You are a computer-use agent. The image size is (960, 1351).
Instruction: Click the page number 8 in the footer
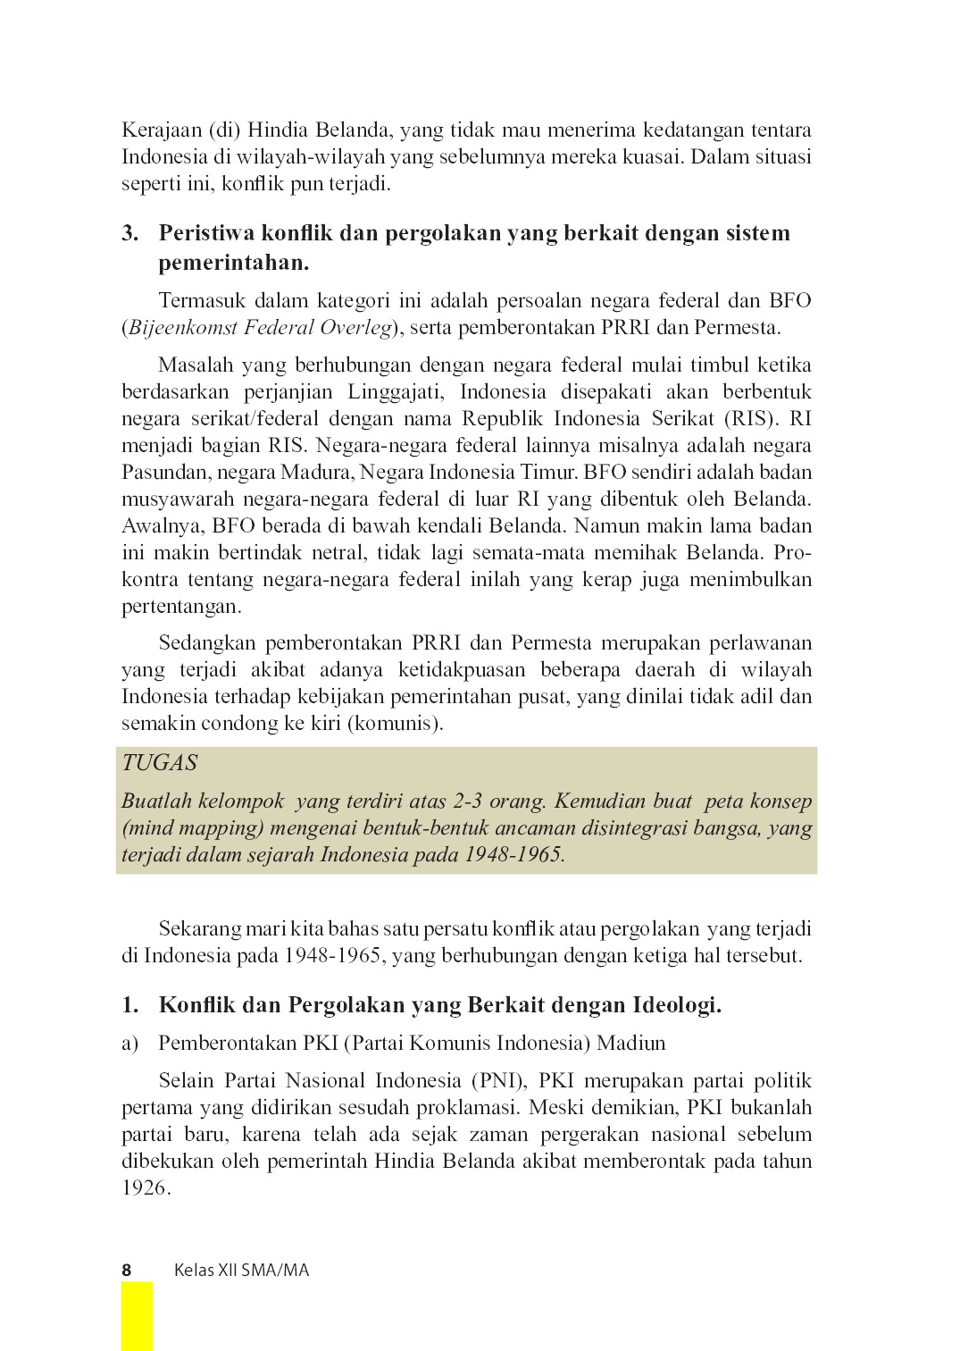(x=127, y=1270)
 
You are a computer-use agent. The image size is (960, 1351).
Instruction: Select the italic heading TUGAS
(x=160, y=763)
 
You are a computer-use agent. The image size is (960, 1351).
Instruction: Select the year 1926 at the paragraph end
(x=145, y=1188)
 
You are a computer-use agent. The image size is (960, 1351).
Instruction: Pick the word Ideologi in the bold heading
(x=677, y=1004)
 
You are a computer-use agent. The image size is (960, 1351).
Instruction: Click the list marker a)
(x=130, y=1043)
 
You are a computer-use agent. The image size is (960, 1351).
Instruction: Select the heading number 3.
(x=130, y=233)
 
